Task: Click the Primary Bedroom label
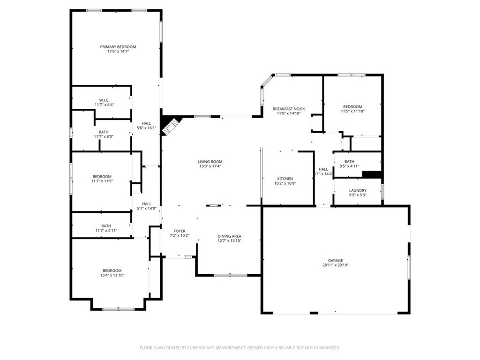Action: click(x=118, y=47)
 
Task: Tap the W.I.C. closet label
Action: click(x=104, y=99)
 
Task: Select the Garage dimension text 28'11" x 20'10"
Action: click(x=335, y=265)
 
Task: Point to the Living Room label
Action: click(x=210, y=162)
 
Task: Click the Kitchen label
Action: click(x=285, y=179)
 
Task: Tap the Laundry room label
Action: click(x=358, y=190)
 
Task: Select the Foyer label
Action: click(x=180, y=231)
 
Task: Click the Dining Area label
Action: click(x=230, y=236)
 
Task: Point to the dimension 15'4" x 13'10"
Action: click(x=112, y=276)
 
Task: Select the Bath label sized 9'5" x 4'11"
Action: click(x=349, y=161)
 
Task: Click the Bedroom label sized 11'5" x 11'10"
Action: click(x=352, y=107)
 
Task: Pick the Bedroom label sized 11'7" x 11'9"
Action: click(x=102, y=176)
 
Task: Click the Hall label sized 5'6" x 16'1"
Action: click(x=146, y=123)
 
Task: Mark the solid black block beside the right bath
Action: click(x=373, y=174)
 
